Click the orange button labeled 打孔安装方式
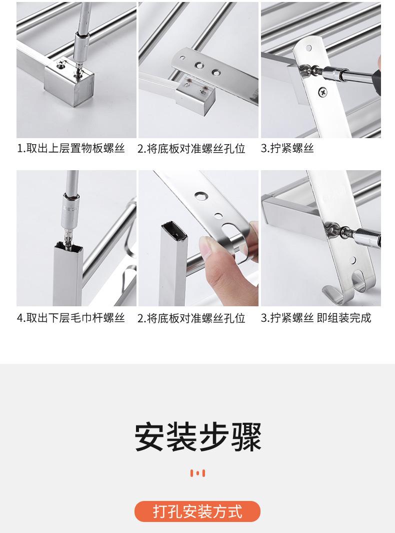tap(197, 511)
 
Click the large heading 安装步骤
tap(198, 437)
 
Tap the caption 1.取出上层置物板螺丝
tap(71, 149)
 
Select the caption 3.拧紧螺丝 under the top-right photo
tap(287, 149)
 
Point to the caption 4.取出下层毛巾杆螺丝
tap(71, 318)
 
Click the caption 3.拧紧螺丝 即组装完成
tap(316, 318)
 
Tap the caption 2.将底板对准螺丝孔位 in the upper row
tap(191, 149)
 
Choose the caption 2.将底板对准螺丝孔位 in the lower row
tap(191, 318)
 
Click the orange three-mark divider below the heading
tap(197, 473)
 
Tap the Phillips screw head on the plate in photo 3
tap(322, 91)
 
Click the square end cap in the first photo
tap(69, 82)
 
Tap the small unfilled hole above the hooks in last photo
tap(353, 261)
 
